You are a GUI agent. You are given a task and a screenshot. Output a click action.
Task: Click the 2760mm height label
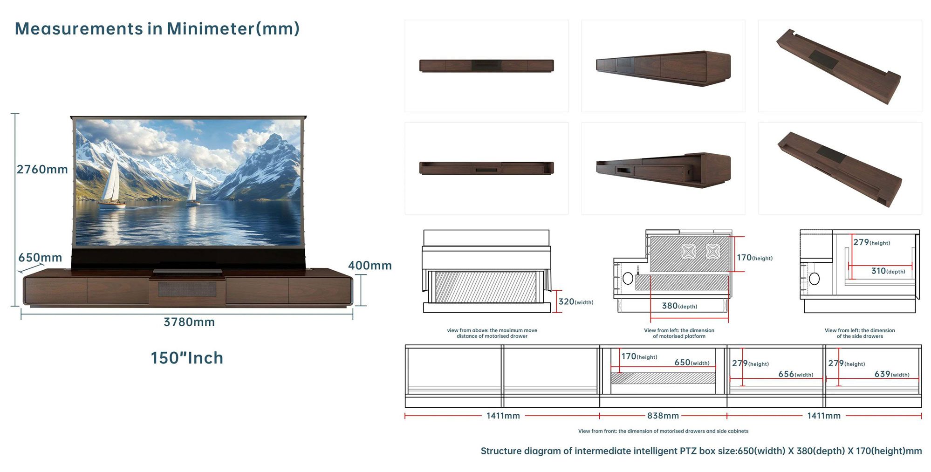pyautogui.click(x=42, y=169)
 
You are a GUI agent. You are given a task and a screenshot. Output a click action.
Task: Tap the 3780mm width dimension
pyautogui.click(x=189, y=322)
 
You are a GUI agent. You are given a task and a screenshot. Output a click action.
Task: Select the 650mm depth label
pyautogui.click(x=40, y=257)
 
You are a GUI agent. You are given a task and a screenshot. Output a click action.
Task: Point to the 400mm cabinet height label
pyautogui.click(x=370, y=266)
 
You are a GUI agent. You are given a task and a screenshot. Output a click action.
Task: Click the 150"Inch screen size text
pyautogui.click(x=187, y=358)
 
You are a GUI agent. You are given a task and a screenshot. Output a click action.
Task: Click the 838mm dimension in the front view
pyautogui.click(x=663, y=416)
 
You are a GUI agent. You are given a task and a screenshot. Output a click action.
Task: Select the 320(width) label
pyautogui.click(x=576, y=302)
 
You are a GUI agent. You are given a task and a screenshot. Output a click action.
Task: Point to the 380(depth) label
pyautogui.click(x=679, y=306)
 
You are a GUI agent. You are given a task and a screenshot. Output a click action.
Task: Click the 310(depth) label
pyautogui.click(x=888, y=271)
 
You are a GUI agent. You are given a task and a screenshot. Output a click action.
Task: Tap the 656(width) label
pyautogui.click(x=796, y=374)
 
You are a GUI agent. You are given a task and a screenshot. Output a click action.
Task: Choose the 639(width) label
pyautogui.click(x=892, y=374)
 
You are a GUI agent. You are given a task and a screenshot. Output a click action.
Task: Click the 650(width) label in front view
pyautogui.click(x=692, y=363)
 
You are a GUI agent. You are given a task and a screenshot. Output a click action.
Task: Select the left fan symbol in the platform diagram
pyautogui.click(x=688, y=252)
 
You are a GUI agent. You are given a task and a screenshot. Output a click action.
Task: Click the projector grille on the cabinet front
pyautogui.click(x=187, y=289)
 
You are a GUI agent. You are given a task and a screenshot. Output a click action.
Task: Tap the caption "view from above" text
pyautogui.click(x=492, y=333)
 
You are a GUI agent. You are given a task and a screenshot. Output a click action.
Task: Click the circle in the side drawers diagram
pyautogui.click(x=814, y=279)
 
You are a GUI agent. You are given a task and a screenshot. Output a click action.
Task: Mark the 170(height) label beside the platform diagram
pyautogui.click(x=754, y=258)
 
